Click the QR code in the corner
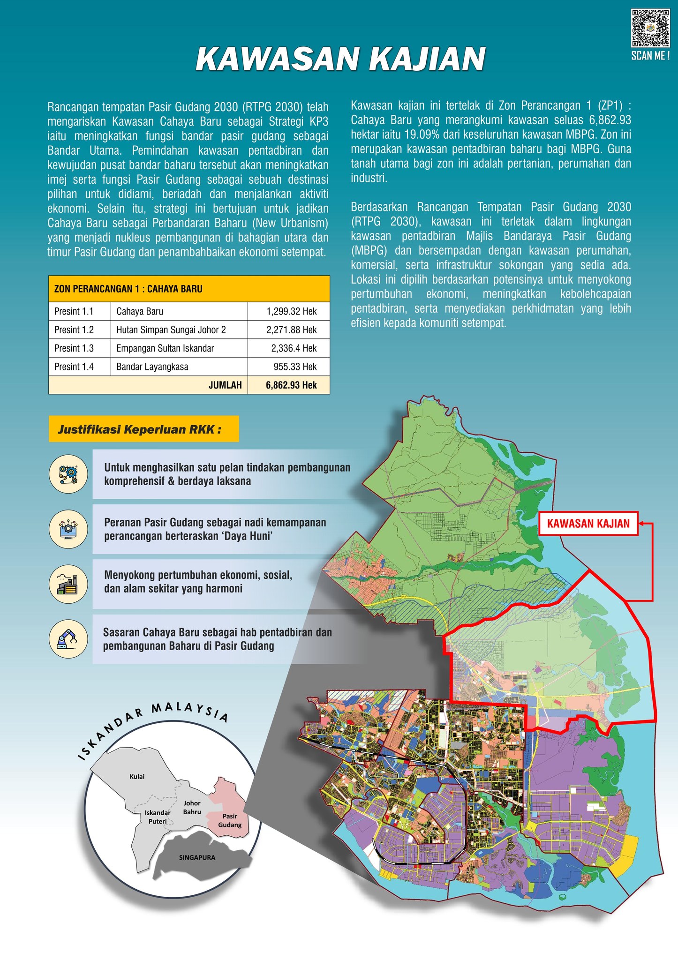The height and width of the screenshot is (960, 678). tap(650, 28)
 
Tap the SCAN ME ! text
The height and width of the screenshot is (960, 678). tap(650, 56)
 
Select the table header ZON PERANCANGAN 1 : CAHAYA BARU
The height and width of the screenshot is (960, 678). tap(128, 289)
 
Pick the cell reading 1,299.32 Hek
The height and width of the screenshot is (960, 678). tap(291, 311)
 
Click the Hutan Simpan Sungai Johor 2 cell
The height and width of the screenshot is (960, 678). tap(171, 330)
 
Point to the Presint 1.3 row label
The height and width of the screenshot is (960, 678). tap(74, 348)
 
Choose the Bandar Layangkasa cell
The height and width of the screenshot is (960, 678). tap(152, 367)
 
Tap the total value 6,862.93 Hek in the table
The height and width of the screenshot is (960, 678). tap(291, 385)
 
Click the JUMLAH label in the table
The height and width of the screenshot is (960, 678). tap(225, 385)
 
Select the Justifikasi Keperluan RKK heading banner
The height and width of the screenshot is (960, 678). tap(143, 429)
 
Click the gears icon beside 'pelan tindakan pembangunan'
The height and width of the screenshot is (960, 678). tap(68, 474)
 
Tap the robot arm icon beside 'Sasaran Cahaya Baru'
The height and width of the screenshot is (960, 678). tap(68, 638)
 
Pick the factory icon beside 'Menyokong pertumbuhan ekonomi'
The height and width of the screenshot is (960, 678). tap(68, 584)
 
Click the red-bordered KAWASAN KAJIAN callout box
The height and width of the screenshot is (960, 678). tap(588, 524)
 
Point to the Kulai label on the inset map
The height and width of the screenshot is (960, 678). tap(137, 777)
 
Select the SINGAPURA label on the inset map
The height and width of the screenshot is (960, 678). tap(197, 857)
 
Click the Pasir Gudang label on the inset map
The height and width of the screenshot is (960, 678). tap(230, 820)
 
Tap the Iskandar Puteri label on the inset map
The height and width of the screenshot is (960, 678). tap(158, 817)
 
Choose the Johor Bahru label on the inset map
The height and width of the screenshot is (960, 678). tap(192, 807)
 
